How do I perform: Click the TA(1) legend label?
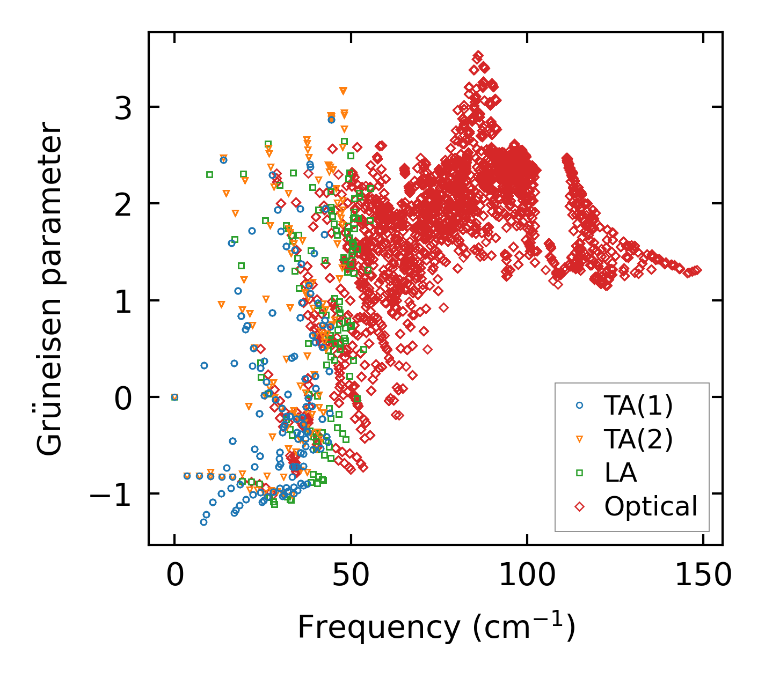click(638, 406)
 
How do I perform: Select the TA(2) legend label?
click(638, 439)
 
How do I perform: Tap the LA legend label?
click(621, 473)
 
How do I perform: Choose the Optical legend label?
click(651, 506)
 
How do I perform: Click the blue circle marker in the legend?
click(579, 406)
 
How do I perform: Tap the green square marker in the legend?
click(579, 473)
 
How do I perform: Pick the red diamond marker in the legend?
click(579, 506)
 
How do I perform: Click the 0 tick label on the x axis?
click(174, 576)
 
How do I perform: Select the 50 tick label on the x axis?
click(351, 576)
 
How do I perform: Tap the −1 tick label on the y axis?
click(110, 493)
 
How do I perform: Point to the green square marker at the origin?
click(174, 397)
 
